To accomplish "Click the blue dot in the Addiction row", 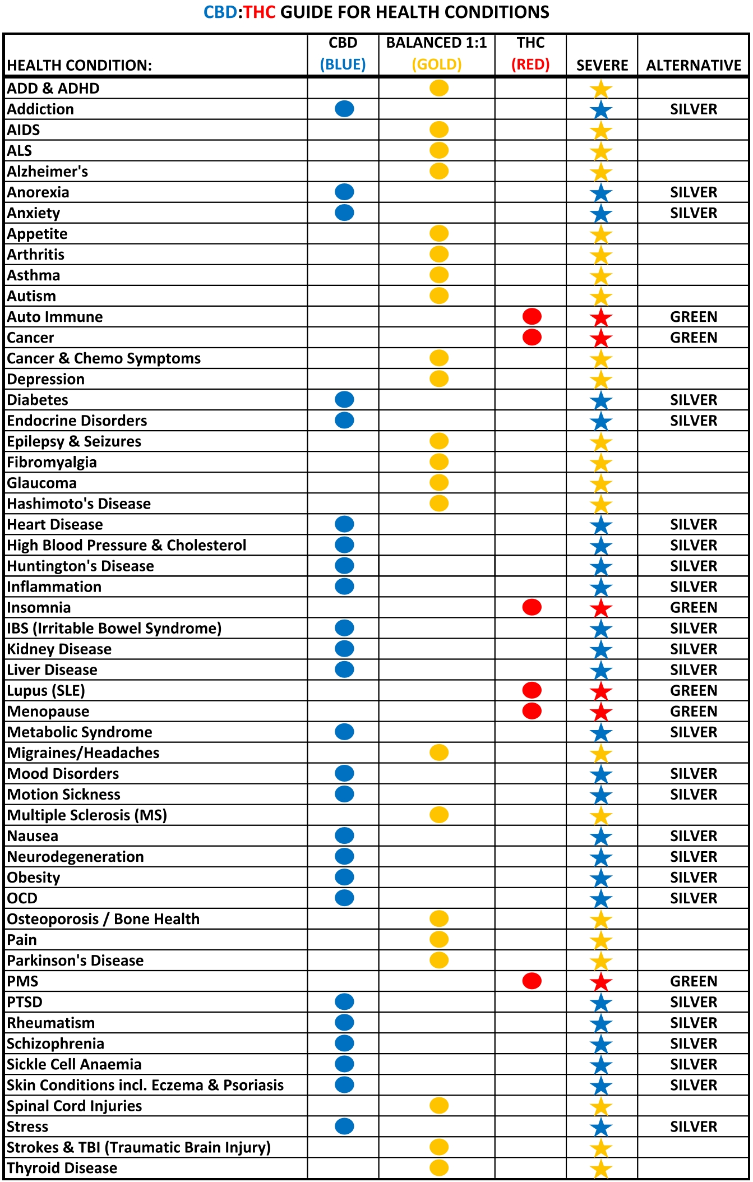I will [344, 109].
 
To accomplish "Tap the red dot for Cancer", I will [532, 338].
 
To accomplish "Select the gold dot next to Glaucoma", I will [439, 483].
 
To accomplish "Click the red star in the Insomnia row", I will [601, 608].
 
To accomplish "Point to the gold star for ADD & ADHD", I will [601, 89].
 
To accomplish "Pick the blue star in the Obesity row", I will [601, 878].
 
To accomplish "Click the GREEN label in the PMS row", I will [694, 981].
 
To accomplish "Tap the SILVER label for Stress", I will [694, 1126].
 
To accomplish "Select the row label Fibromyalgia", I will [52, 463].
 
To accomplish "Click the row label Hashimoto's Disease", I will [78, 504].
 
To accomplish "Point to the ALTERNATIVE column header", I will [694, 66].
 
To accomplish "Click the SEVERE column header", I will [602, 66].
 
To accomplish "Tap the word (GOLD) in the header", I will [437, 64].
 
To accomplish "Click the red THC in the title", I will [259, 12].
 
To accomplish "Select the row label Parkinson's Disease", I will [75, 961].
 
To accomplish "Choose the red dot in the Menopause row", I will [532, 711].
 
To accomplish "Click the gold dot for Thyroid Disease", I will [439, 1168].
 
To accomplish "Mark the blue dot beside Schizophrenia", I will [344, 1044].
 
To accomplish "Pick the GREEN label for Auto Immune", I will [694, 317].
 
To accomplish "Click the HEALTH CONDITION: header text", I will [79, 66].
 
